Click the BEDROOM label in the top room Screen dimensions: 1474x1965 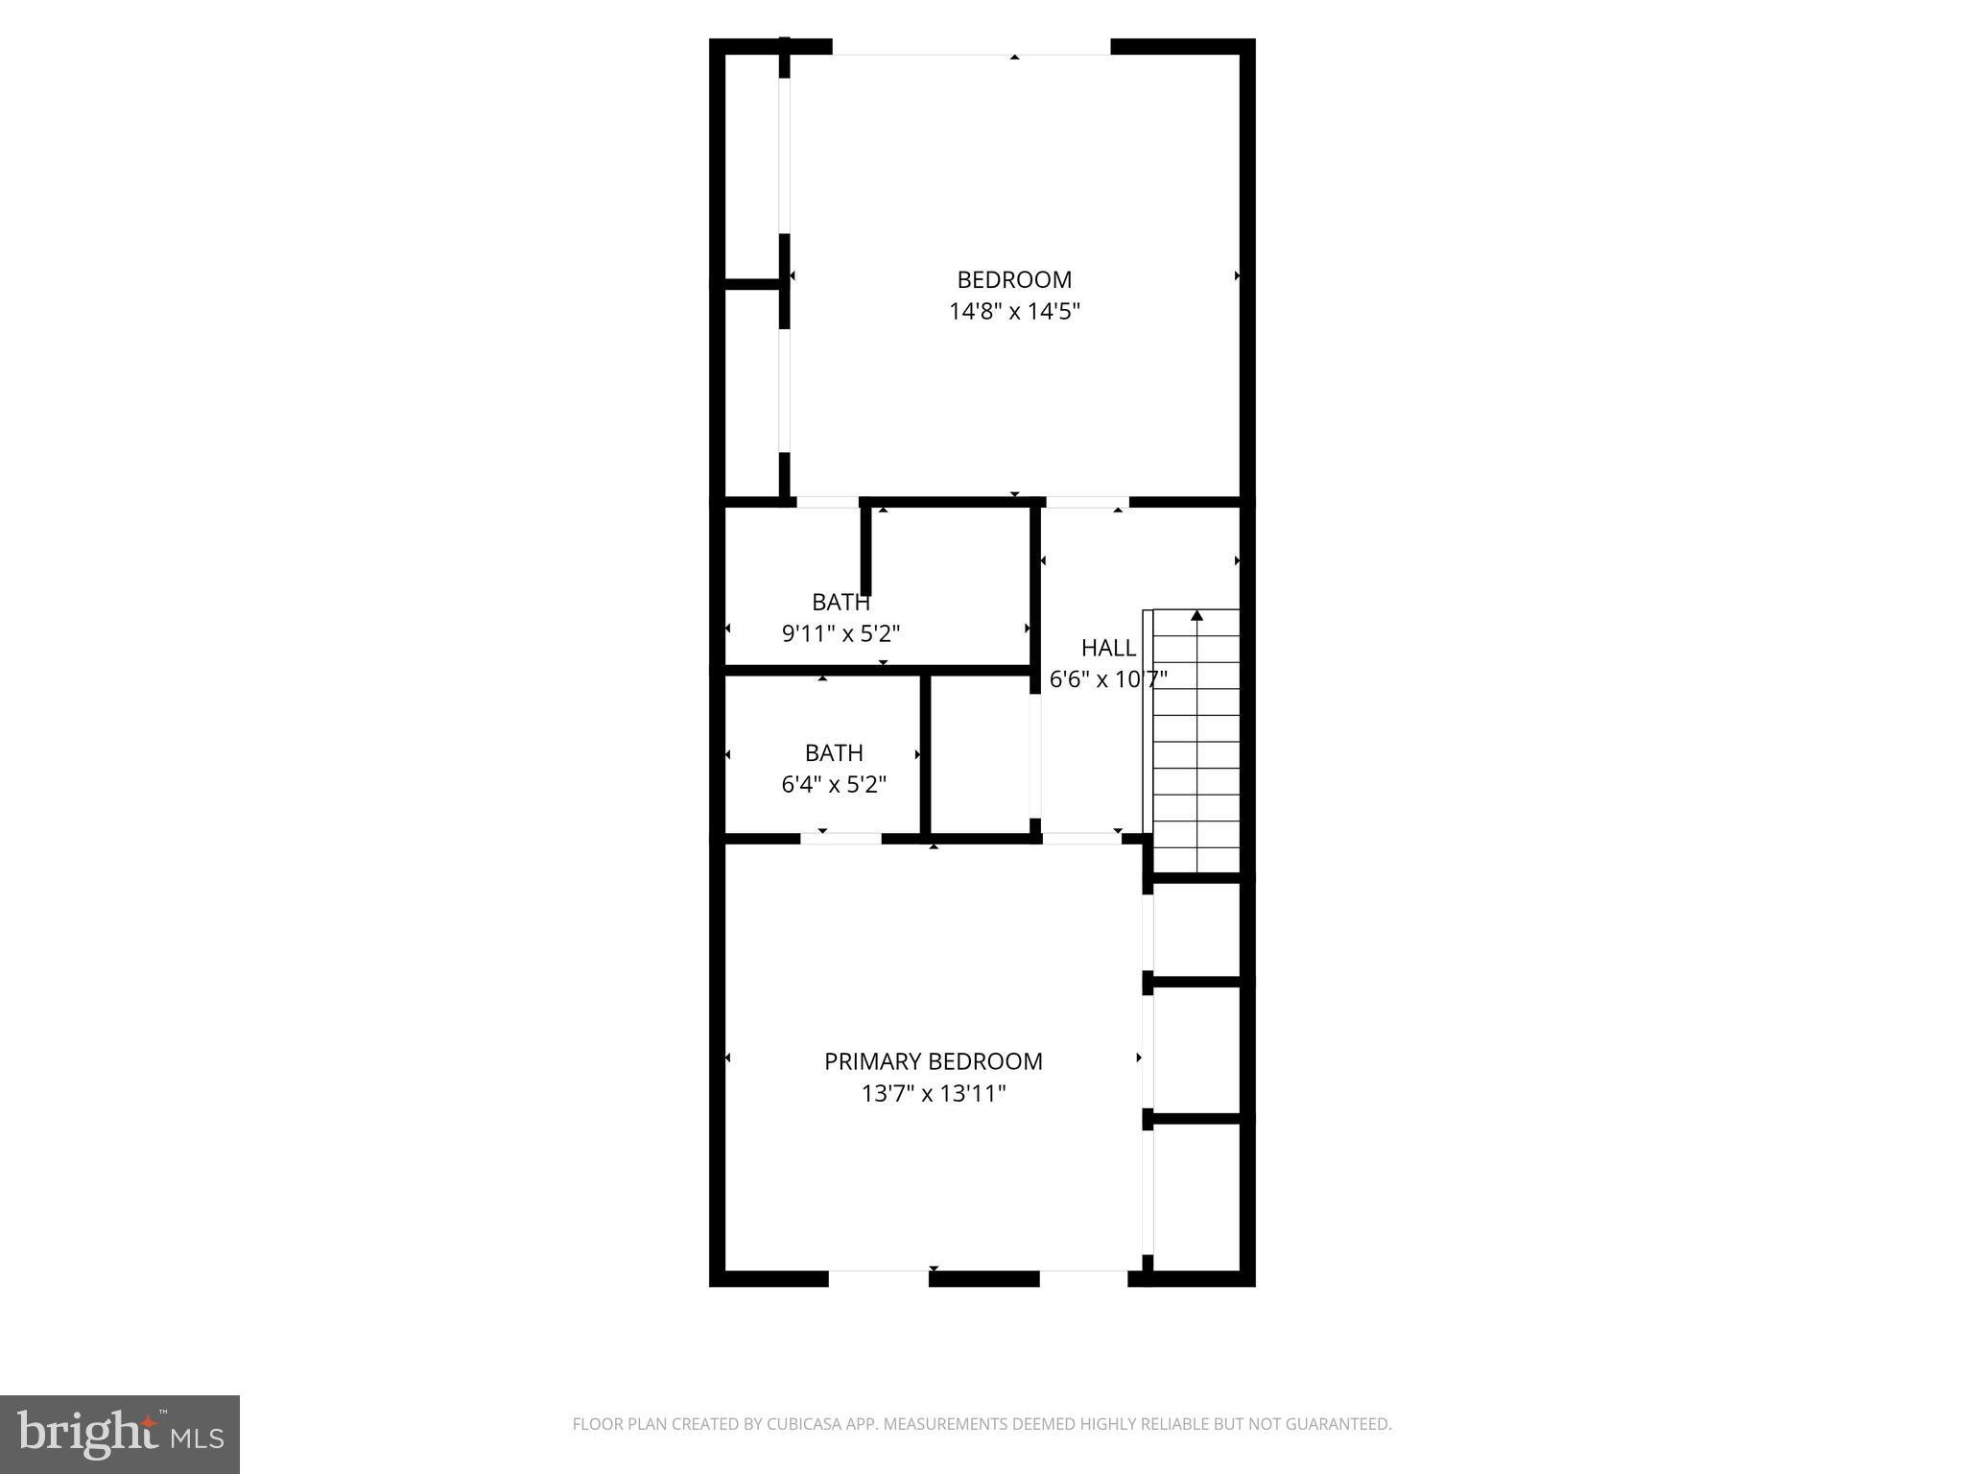coord(1014,279)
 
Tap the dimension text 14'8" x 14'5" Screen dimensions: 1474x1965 coord(1014,311)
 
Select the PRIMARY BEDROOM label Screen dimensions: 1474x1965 coord(933,1061)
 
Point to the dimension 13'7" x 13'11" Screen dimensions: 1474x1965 coord(933,1093)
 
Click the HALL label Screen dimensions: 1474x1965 coord(1108,648)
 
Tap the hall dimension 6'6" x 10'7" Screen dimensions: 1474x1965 coord(1107,679)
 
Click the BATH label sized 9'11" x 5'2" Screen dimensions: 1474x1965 coord(840,603)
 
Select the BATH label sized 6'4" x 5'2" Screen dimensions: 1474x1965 coord(834,753)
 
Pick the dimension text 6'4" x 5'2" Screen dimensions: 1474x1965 coord(834,785)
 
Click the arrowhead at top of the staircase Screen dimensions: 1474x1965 coord(1196,615)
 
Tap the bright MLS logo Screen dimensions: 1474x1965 coord(120,1435)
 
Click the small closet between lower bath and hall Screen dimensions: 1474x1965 coord(981,754)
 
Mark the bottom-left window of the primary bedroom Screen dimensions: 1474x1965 coord(878,1277)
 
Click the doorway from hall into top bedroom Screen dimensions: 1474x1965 coord(1086,502)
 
